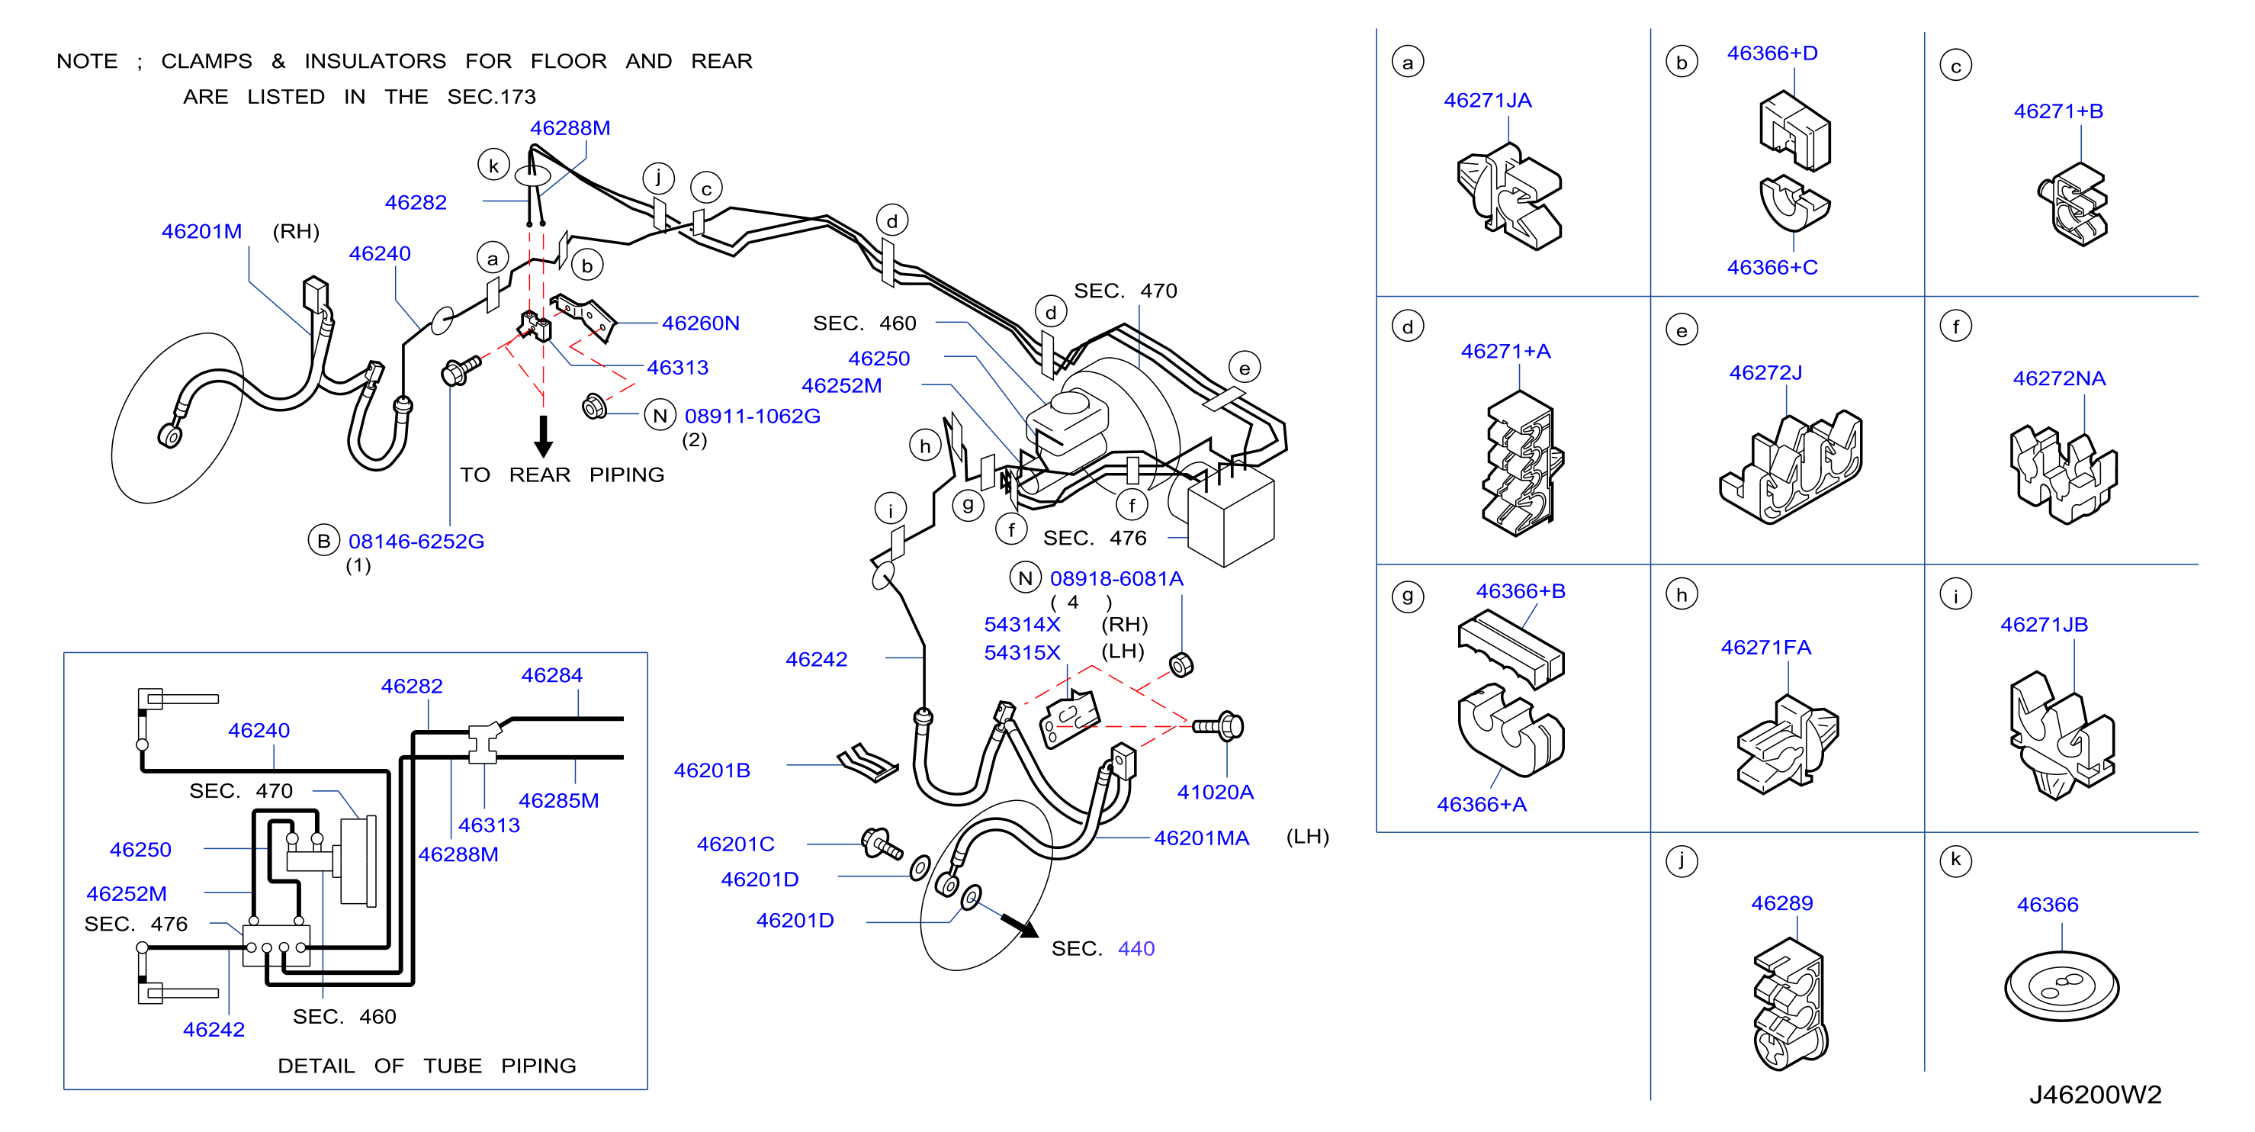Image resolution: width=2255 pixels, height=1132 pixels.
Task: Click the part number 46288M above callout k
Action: (570, 128)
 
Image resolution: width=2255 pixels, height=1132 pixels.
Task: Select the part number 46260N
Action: (700, 323)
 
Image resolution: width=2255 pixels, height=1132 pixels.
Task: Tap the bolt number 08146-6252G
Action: (416, 541)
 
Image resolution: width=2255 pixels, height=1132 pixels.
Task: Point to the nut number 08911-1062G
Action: (752, 416)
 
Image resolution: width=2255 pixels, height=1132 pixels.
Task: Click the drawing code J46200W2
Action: (2095, 1095)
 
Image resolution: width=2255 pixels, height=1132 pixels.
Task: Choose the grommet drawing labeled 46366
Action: (2061, 986)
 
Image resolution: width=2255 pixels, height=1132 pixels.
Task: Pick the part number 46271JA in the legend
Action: (1487, 101)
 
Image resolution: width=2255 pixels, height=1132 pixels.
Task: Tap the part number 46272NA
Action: (2059, 378)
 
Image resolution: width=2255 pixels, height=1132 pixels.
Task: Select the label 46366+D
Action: (1772, 53)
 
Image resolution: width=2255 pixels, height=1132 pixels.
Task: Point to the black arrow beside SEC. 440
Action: (1020, 925)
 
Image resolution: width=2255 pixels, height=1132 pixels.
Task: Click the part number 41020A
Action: (1215, 793)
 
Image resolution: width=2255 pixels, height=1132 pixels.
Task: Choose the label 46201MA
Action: (1201, 838)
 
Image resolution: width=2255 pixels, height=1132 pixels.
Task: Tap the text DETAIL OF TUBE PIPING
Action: (426, 1066)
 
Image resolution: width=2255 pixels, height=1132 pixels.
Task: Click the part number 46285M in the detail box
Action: (558, 800)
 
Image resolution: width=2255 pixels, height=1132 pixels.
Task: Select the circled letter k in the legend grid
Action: (1955, 860)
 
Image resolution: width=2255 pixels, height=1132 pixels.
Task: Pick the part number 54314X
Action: (1022, 624)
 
